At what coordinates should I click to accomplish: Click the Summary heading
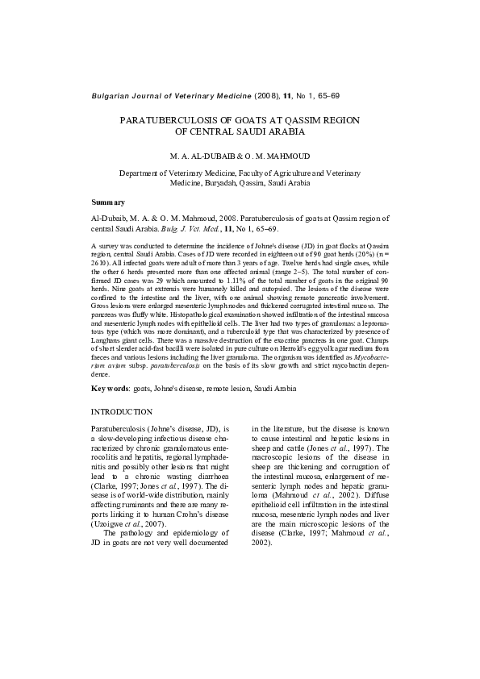(108, 202)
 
